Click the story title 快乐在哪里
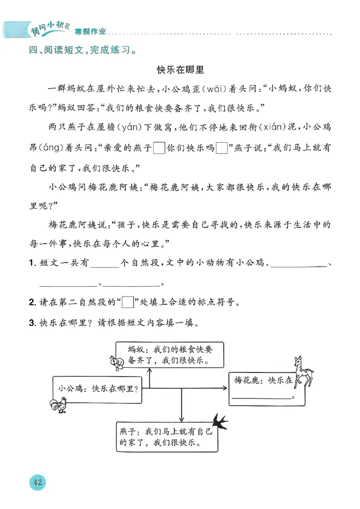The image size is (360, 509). click(x=180, y=70)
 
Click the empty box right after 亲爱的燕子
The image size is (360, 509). click(x=159, y=147)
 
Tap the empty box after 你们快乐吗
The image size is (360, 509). click(x=221, y=147)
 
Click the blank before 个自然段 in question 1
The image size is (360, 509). click(x=106, y=265)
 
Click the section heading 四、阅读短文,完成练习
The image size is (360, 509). click(x=83, y=50)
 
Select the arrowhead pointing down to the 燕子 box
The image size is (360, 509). click(x=180, y=419)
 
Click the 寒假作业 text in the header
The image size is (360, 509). click(x=90, y=31)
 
